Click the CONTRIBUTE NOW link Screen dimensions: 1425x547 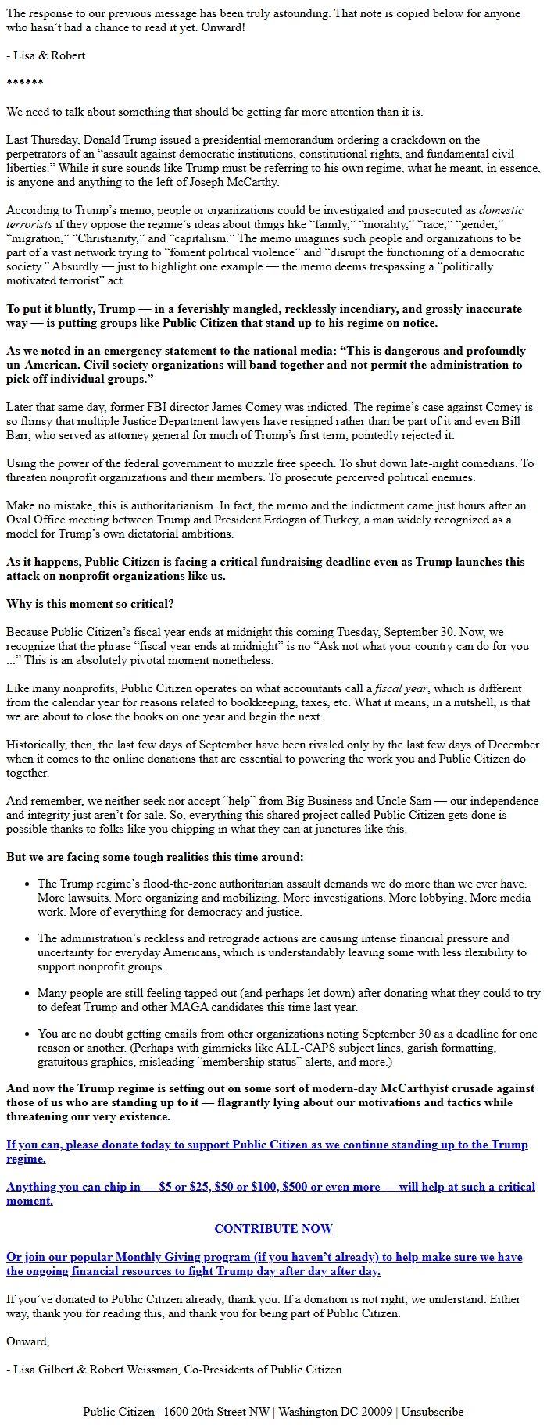[x=273, y=1228]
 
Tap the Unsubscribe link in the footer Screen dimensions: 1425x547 [x=432, y=1411]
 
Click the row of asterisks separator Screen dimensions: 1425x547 [x=24, y=83]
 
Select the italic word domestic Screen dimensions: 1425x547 [x=501, y=210]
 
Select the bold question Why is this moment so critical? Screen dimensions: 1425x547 [x=90, y=604]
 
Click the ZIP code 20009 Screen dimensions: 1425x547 [x=377, y=1411]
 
